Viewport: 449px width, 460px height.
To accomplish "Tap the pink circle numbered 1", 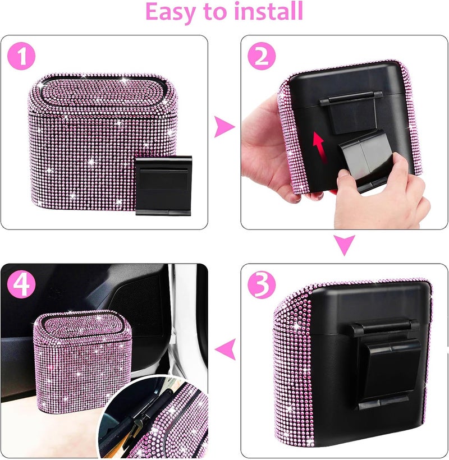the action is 21,56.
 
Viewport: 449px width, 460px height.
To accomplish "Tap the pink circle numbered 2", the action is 262,56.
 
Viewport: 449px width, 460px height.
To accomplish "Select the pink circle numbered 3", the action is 262,284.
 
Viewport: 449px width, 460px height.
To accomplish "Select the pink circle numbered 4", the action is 21,284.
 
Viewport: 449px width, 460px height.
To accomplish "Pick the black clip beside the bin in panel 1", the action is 163,186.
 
